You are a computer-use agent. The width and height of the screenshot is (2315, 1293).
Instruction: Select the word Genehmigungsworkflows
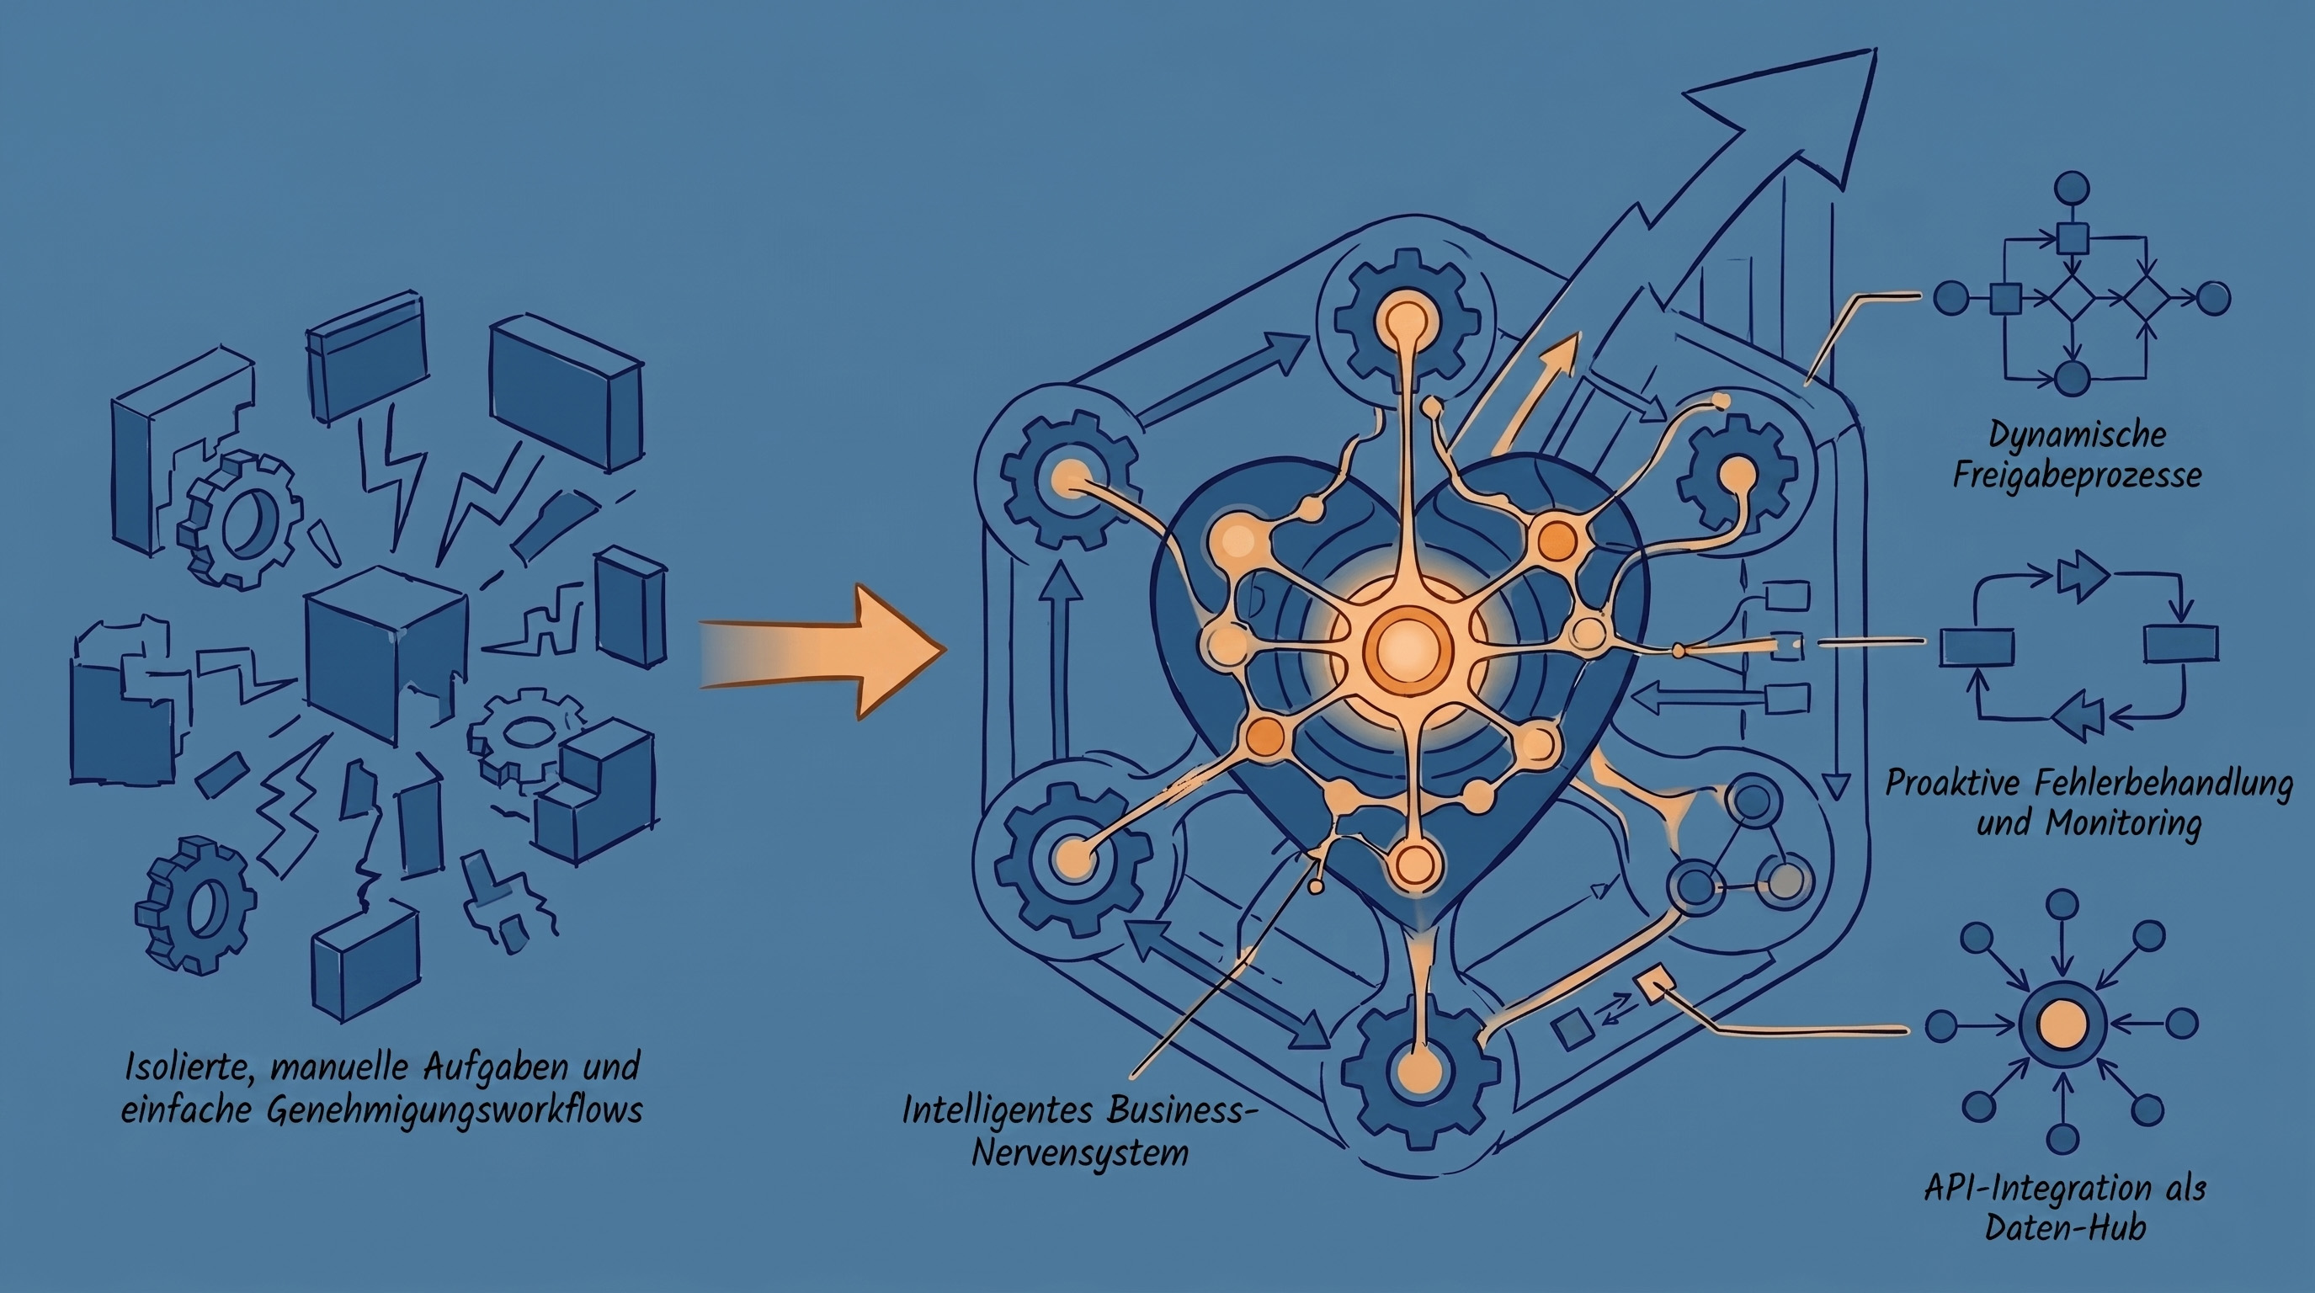pos(455,1110)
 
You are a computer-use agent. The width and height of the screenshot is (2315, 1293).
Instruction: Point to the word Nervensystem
pos(1079,1152)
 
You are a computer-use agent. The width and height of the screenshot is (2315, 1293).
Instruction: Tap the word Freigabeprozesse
pos(2077,476)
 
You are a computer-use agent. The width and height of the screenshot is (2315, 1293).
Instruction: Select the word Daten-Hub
pos(2065,1227)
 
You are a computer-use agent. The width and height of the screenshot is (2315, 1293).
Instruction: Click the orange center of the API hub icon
pos(2062,1024)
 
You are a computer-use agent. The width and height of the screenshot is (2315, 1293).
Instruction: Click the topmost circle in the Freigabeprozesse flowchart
pos(2073,189)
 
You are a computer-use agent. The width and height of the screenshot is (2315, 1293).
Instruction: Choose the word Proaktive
pos(1941,784)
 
